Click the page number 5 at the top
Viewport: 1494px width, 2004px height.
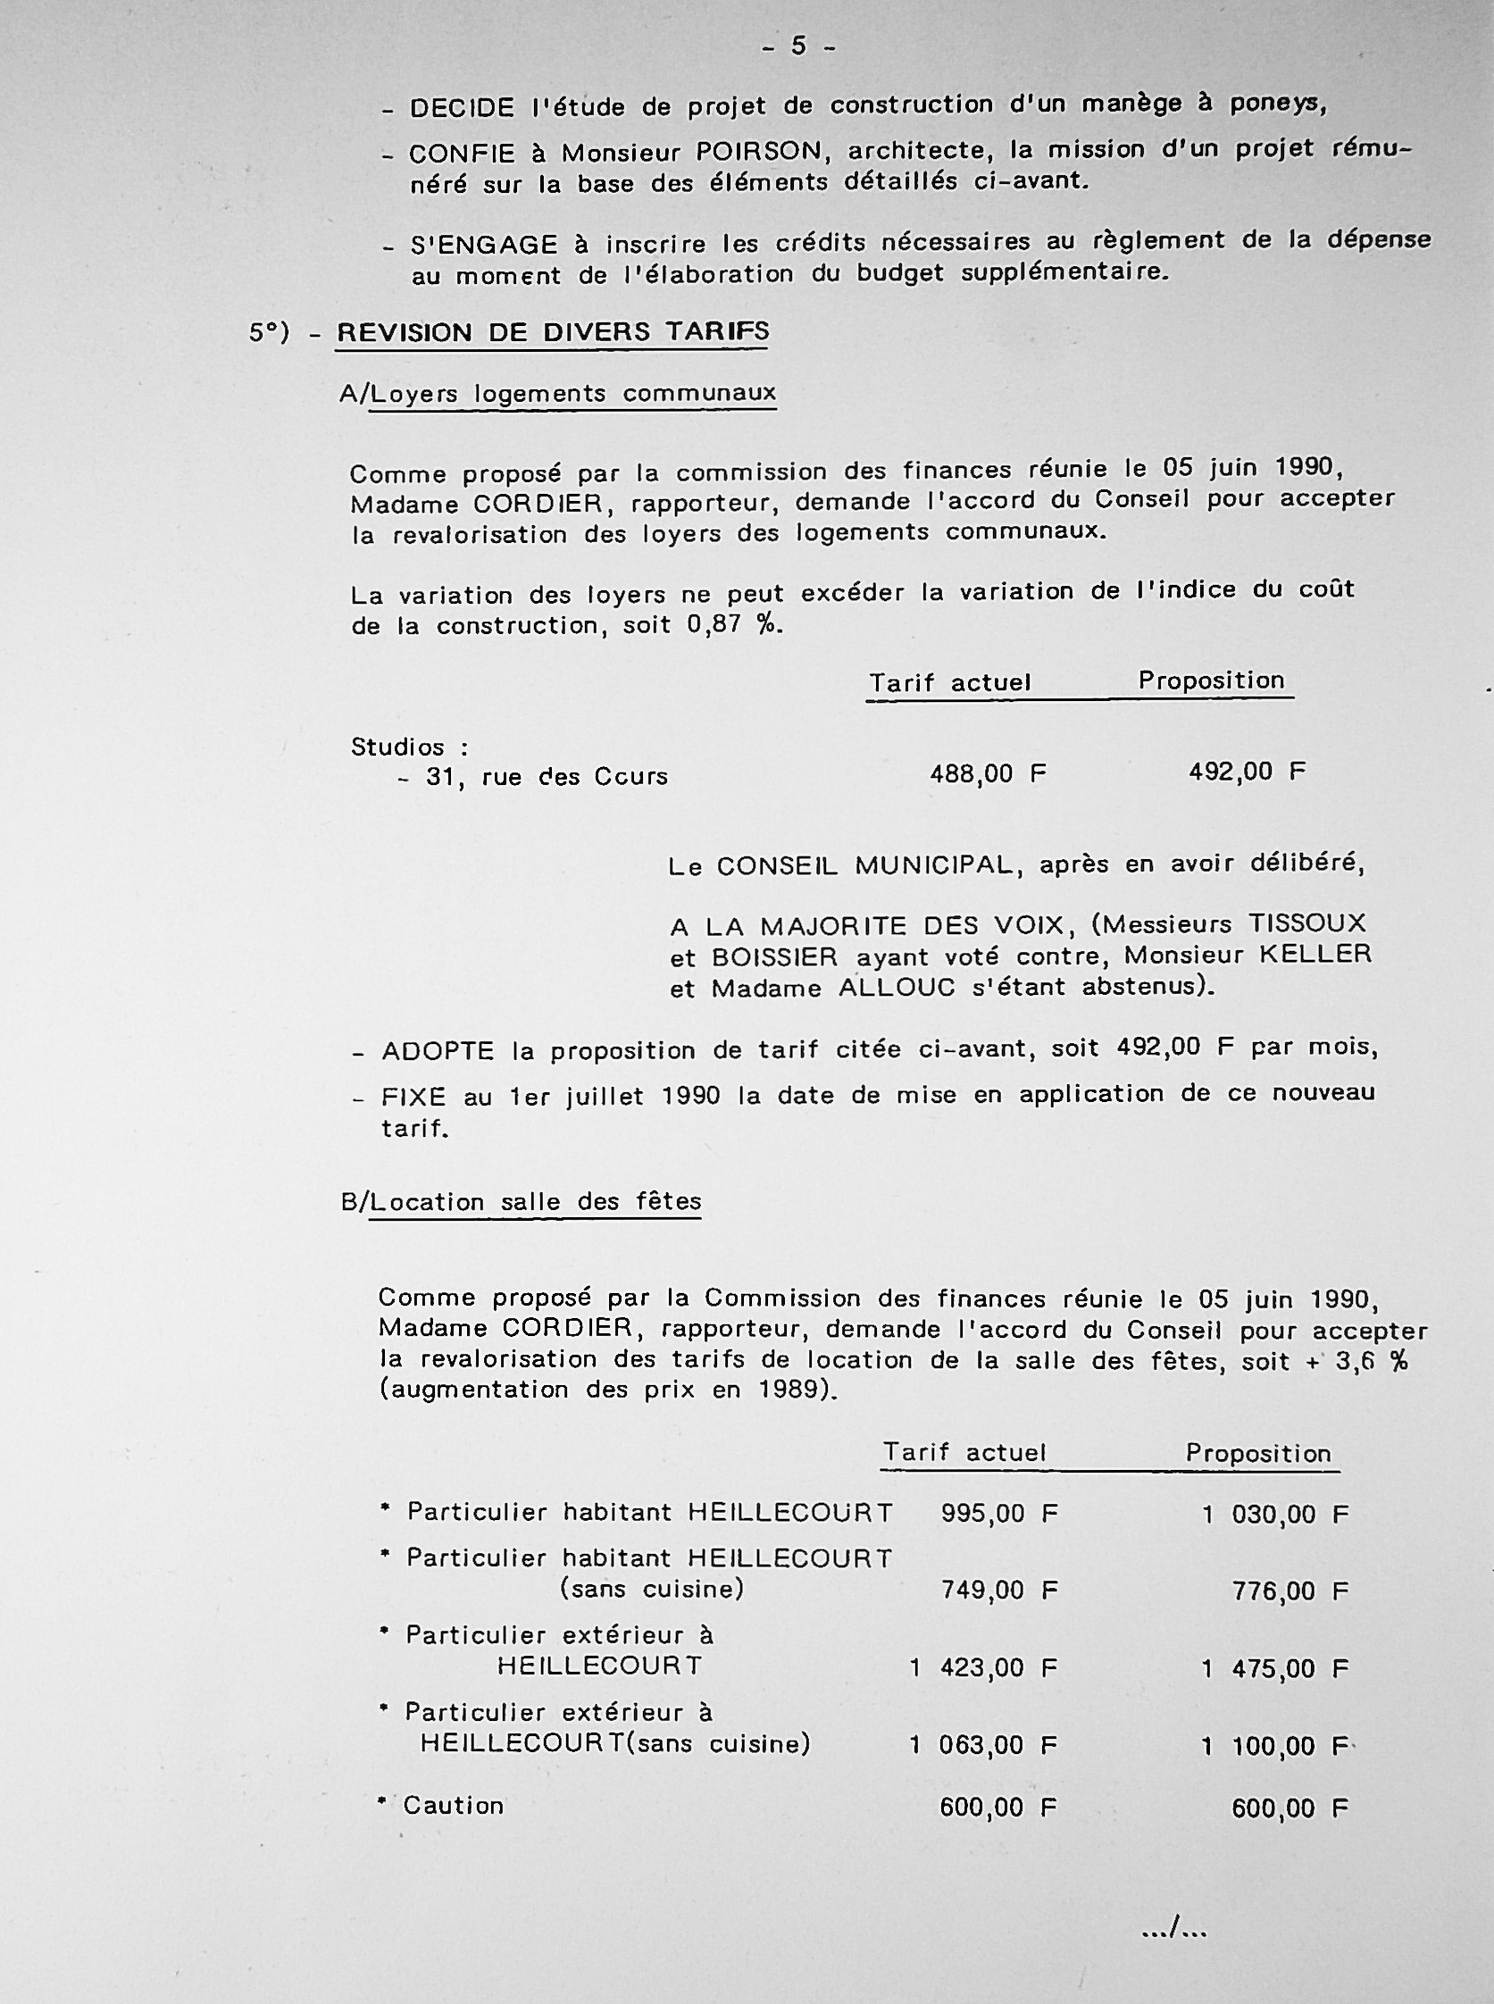(798, 46)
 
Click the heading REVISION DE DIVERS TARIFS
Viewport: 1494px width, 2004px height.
(553, 332)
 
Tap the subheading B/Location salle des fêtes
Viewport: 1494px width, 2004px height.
(522, 1202)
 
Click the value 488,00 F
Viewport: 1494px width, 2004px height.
(988, 774)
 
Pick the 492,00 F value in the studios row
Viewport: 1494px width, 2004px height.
(1248, 772)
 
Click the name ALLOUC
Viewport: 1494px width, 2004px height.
(897, 988)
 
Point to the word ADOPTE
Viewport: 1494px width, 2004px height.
(438, 1051)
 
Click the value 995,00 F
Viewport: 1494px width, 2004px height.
(999, 1513)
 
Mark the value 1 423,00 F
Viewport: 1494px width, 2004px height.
(983, 1667)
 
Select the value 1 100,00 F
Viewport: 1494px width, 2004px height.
(1275, 1745)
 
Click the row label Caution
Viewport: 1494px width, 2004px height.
(453, 1806)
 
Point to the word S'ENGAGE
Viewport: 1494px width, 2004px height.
(484, 244)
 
